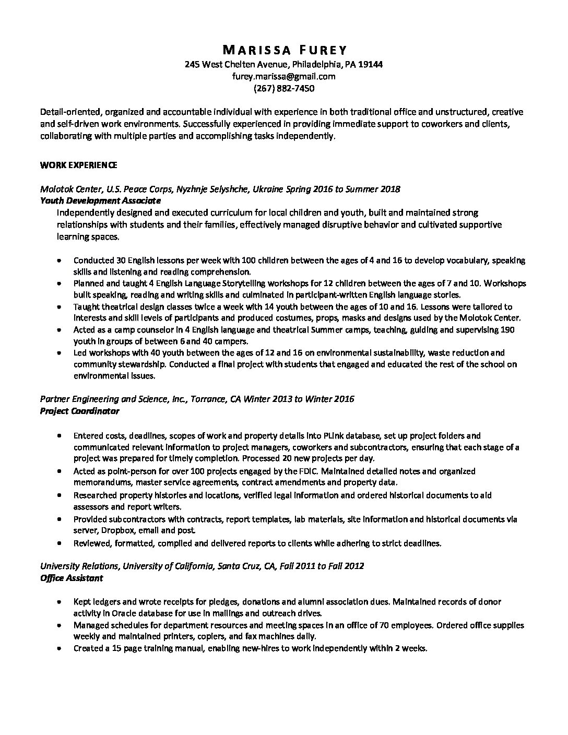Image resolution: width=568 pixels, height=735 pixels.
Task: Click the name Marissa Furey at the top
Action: click(x=284, y=50)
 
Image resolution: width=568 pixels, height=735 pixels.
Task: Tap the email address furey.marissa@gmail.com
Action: click(x=284, y=76)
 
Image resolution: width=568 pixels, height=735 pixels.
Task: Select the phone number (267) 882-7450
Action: click(x=284, y=88)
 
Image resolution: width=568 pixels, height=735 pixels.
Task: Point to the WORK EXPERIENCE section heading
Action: click(x=79, y=165)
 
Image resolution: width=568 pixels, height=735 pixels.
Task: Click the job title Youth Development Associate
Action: click(x=100, y=200)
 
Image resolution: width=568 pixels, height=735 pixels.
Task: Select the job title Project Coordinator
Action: click(x=80, y=411)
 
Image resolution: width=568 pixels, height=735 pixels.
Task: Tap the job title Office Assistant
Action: click(x=72, y=578)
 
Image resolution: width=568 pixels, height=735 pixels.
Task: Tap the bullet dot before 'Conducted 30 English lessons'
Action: click(x=61, y=260)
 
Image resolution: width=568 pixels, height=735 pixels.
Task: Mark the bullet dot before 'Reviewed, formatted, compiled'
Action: click(x=61, y=543)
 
